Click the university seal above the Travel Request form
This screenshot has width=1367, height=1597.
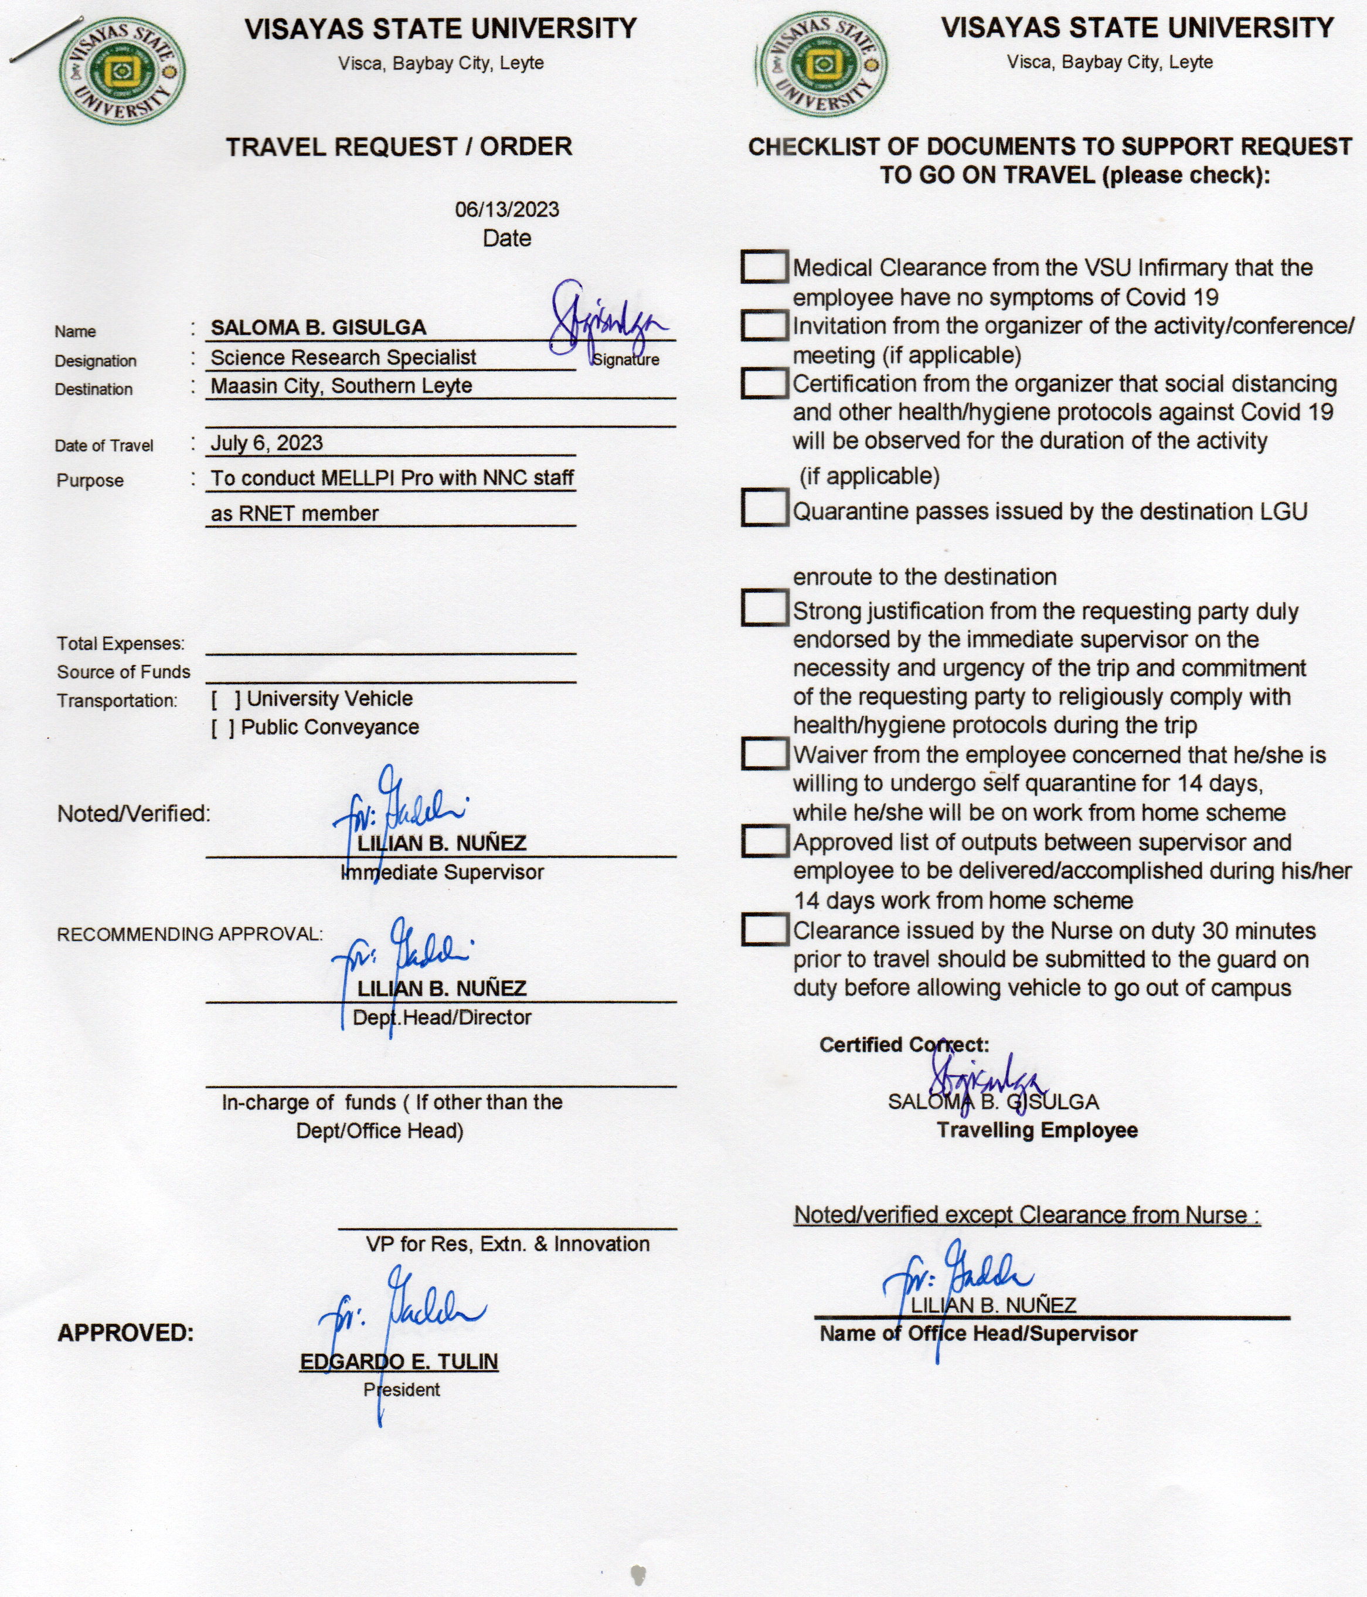pyautogui.click(x=122, y=72)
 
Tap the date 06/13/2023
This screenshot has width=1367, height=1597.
pyautogui.click(x=506, y=210)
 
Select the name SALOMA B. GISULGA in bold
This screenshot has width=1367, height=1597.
pyautogui.click(x=318, y=328)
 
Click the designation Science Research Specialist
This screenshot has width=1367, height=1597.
pyautogui.click(x=343, y=358)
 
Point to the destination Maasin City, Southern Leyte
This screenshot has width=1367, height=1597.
pyautogui.click(x=341, y=386)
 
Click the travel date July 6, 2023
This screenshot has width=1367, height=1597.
pyautogui.click(x=267, y=443)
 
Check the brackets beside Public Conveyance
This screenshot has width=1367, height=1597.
pyautogui.click(x=223, y=728)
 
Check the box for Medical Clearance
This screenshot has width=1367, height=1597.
pyautogui.click(x=764, y=267)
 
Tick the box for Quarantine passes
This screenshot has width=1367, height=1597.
pyautogui.click(x=764, y=509)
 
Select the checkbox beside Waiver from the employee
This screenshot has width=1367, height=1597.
pyautogui.click(x=764, y=754)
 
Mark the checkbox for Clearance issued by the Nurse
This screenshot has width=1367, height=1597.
pyautogui.click(x=764, y=929)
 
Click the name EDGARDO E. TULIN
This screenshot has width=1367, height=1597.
pyautogui.click(x=399, y=1362)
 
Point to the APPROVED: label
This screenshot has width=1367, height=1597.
pyautogui.click(x=125, y=1333)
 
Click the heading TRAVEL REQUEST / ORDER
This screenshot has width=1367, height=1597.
pyautogui.click(x=399, y=147)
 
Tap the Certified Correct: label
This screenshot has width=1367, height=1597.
pyautogui.click(x=904, y=1045)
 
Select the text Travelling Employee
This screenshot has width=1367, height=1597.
pyautogui.click(x=1036, y=1131)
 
